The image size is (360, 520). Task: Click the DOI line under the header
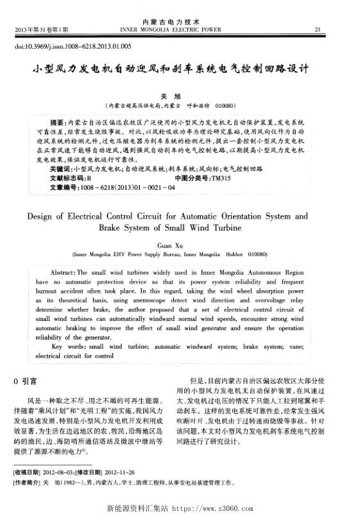73,47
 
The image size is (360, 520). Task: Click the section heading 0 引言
25,381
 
